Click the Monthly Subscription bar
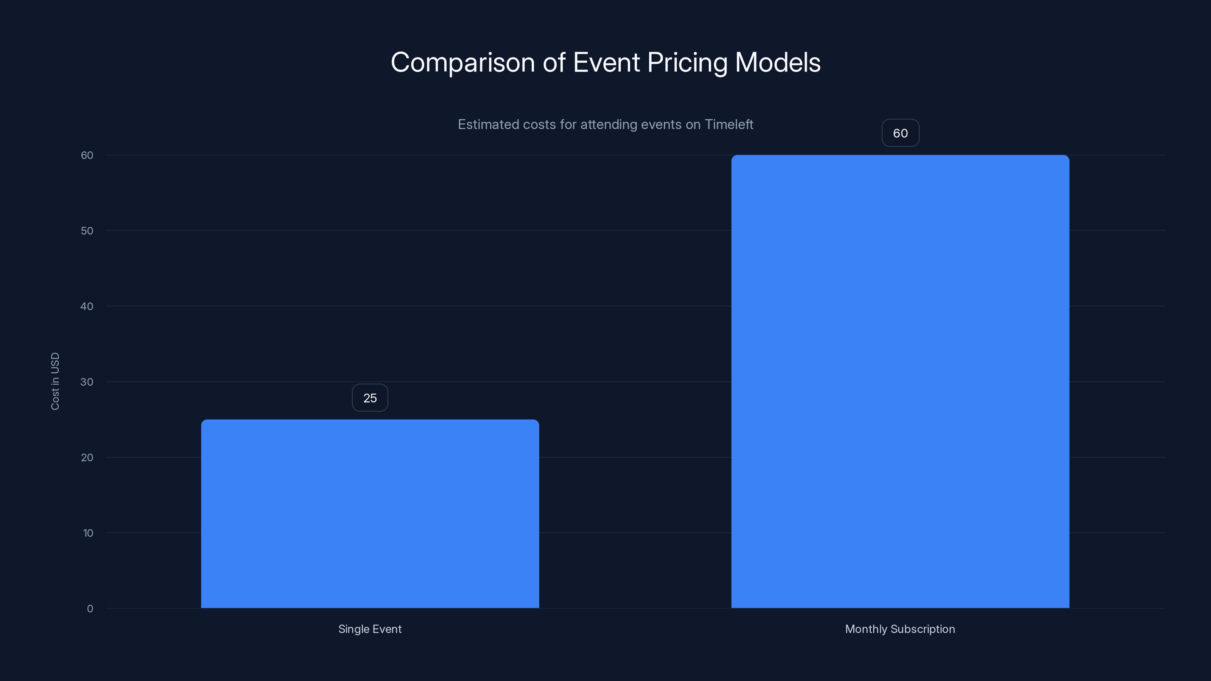point(900,381)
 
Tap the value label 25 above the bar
point(370,398)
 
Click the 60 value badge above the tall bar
point(900,134)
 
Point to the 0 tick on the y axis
point(90,609)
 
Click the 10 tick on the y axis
point(88,533)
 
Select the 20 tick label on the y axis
point(87,457)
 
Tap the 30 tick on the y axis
point(87,382)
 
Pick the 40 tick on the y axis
point(87,306)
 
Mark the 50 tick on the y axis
point(87,231)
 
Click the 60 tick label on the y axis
point(87,155)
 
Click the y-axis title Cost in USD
point(55,381)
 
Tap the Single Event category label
point(370,629)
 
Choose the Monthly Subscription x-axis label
point(900,629)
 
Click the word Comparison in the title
point(462,62)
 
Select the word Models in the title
point(778,62)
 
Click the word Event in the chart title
point(606,62)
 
